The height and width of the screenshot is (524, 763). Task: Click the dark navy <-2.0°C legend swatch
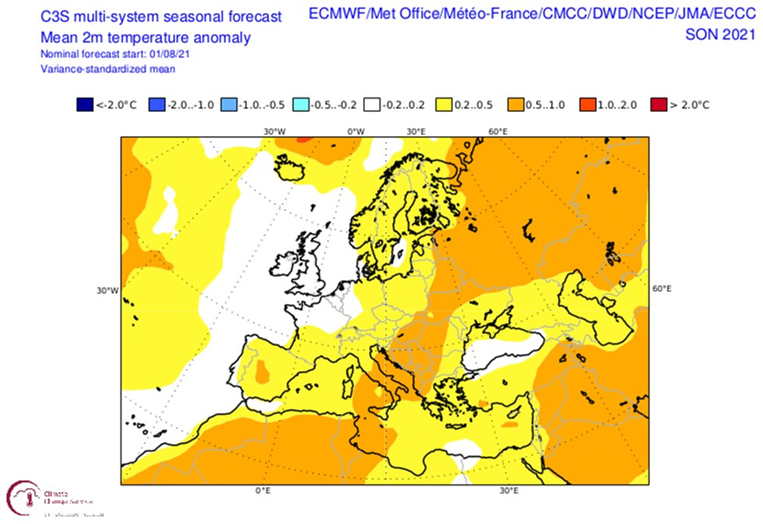tap(84, 105)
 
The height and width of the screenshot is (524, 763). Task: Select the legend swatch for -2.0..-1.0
tap(156, 105)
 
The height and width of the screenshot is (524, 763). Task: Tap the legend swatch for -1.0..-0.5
tap(229, 105)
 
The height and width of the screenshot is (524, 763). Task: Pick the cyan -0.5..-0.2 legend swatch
tap(301, 105)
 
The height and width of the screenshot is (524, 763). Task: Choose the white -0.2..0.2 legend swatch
tap(373, 105)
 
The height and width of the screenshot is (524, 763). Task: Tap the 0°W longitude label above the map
tap(355, 131)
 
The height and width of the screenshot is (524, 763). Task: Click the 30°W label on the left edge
tap(107, 291)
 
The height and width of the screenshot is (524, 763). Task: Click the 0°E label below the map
tap(262, 490)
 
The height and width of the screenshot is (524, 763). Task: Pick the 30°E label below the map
tap(508, 490)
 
